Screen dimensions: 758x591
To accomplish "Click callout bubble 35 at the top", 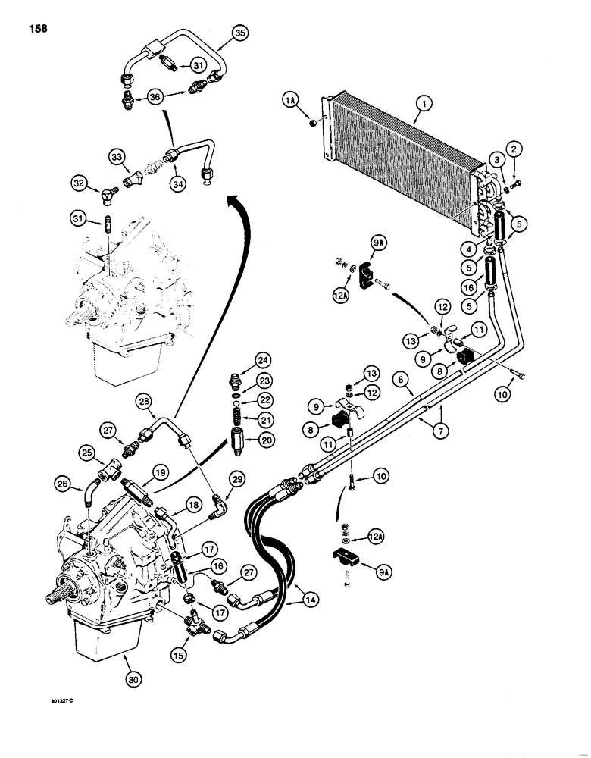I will [x=239, y=33].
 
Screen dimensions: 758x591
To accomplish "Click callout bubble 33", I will [x=117, y=157].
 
